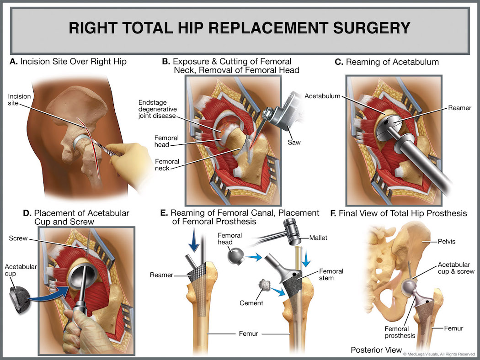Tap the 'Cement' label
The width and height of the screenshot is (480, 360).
[x=251, y=302]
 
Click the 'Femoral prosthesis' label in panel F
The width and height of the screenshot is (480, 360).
[x=400, y=332]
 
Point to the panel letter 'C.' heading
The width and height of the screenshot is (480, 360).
[x=339, y=62]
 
